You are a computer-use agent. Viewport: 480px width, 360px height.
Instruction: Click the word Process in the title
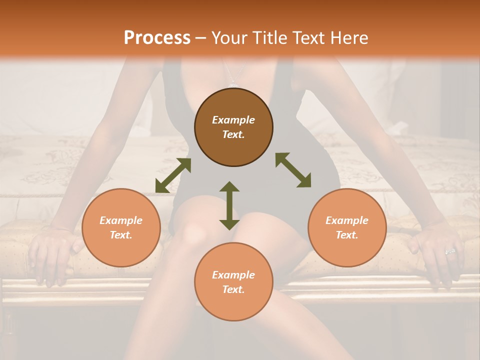click(157, 38)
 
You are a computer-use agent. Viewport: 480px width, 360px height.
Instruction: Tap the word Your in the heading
click(228, 38)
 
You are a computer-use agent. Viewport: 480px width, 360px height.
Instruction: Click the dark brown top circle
click(233, 127)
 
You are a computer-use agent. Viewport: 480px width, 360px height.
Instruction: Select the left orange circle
click(121, 227)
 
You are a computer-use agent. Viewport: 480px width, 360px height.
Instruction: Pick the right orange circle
click(347, 227)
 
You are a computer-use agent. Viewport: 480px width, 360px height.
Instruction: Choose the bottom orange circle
click(233, 282)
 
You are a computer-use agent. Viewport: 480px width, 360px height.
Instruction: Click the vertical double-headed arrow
click(229, 205)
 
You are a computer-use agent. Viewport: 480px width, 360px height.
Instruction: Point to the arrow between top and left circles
click(173, 175)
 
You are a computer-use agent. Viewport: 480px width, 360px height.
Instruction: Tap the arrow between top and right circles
click(293, 170)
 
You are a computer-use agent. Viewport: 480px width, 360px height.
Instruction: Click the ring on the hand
click(450, 251)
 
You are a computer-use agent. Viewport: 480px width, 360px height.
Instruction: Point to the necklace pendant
click(233, 84)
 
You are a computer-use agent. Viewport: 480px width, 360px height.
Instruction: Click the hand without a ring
click(50, 252)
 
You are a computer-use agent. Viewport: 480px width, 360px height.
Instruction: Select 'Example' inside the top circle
click(233, 120)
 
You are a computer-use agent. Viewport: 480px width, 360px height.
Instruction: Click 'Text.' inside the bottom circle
click(233, 289)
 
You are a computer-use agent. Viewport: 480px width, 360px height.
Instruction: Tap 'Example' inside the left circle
click(121, 220)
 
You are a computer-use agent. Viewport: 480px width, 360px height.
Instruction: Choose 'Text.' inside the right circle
click(347, 235)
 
